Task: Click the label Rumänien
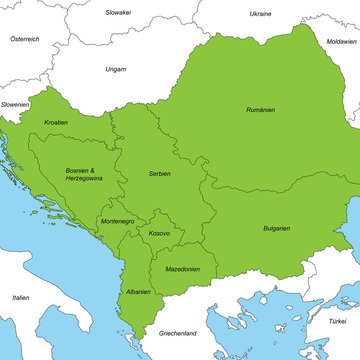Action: click(x=262, y=109)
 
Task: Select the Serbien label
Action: click(x=158, y=173)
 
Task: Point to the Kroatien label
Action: click(x=56, y=122)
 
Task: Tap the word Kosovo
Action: click(x=159, y=233)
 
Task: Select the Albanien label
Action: click(x=138, y=292)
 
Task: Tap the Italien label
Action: click(x=20, y=297)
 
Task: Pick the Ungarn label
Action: click(x=115, y=69)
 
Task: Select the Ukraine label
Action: click(x=260, y=14)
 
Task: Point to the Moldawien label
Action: click(x=341, y=41)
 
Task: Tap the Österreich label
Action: click(x=24, y=38)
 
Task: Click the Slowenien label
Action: click(x=15, y=104)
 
